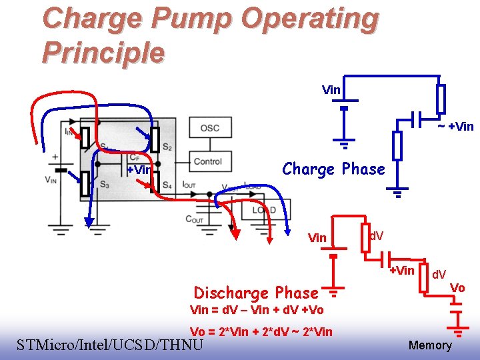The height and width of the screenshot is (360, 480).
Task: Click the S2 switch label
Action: pos(167,147)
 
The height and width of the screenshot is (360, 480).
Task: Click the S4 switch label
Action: pos(167,184)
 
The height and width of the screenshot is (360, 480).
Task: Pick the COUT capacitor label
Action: pos(195,219)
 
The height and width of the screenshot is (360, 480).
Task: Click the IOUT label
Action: pos(189,184)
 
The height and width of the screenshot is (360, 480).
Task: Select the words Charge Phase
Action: pos(333,169)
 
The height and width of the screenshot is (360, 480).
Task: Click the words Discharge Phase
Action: pos(255,293)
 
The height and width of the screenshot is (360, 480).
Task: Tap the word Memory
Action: pos(429,345)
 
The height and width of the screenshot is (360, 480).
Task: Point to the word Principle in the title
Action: pos(103,52)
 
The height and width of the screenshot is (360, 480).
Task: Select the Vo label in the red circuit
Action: pos(457,287)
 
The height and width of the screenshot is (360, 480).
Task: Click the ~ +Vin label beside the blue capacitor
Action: pos(455,127)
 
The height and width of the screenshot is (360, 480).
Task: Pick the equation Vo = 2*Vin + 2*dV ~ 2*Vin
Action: pos(261,332)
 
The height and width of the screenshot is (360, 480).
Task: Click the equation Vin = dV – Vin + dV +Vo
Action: pos(257,309)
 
